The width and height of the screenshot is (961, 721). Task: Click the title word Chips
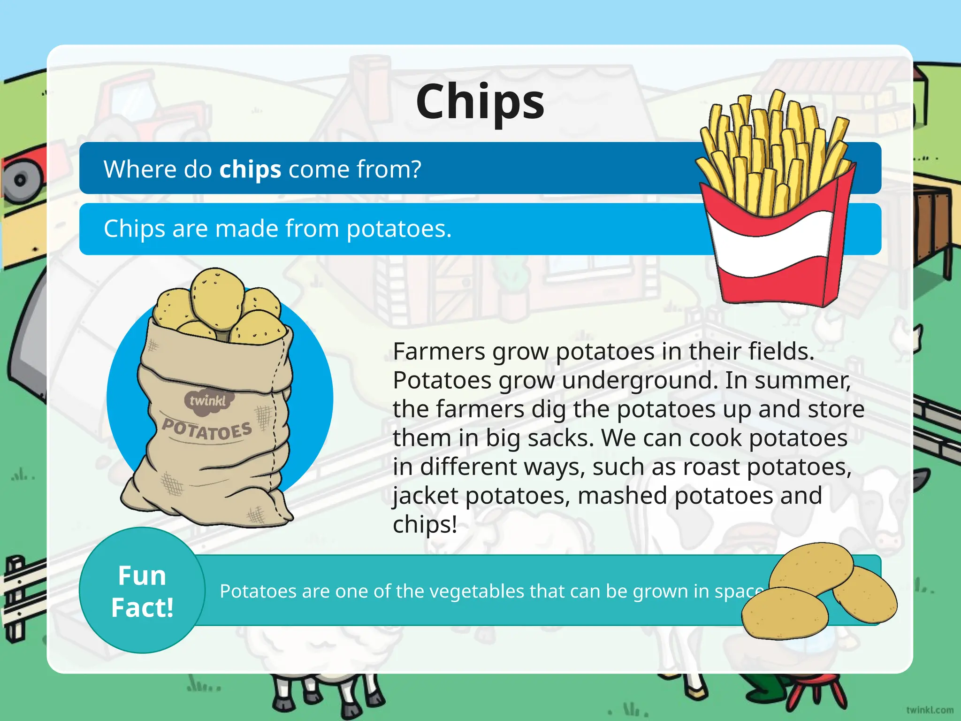point(480,102)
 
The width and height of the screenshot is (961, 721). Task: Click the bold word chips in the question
point(250,169)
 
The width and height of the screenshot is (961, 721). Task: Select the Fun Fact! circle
point(142,591)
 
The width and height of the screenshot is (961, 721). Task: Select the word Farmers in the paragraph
point(439,352)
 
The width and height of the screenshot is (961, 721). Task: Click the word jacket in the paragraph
point(425,496)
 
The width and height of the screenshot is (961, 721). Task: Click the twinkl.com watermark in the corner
point(930,710)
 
